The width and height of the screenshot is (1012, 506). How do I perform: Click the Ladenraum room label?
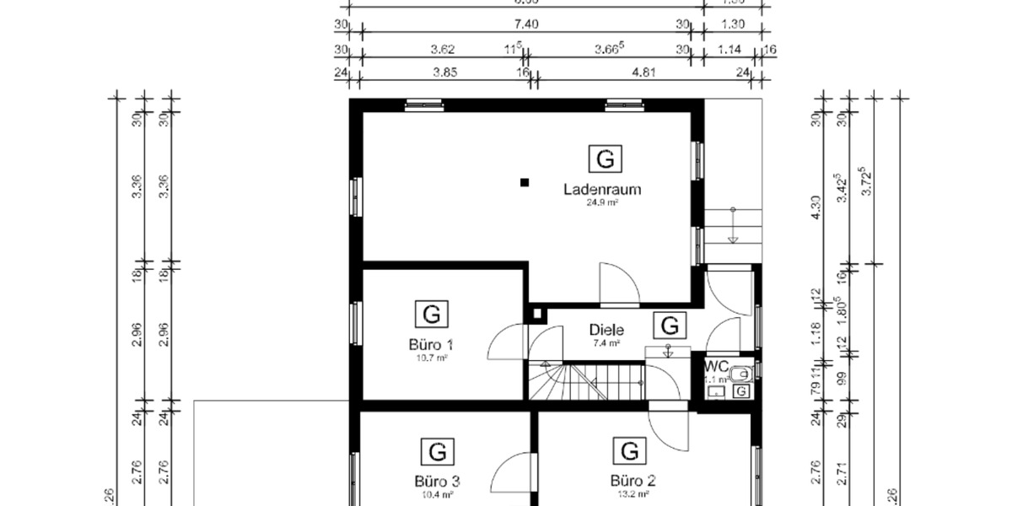602,190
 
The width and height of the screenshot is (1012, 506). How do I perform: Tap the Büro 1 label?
431,344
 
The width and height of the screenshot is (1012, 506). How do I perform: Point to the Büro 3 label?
437,482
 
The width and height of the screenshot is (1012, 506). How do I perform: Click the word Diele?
606,330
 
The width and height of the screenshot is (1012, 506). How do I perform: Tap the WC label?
717,367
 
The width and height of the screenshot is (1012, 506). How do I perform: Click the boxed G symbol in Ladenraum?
604,159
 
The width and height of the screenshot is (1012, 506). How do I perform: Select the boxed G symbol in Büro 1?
431,315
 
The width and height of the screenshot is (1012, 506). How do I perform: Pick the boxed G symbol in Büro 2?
629,451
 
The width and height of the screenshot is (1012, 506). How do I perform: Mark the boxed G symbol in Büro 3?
437,451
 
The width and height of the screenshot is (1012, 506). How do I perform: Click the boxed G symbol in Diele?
670,326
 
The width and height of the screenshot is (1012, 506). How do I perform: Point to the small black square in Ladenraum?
525,181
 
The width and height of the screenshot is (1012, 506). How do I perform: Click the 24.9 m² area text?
602,203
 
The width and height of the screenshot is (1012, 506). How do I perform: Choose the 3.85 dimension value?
444,73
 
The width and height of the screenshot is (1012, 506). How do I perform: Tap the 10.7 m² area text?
431,358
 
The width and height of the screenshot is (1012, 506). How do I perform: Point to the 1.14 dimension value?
729,50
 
